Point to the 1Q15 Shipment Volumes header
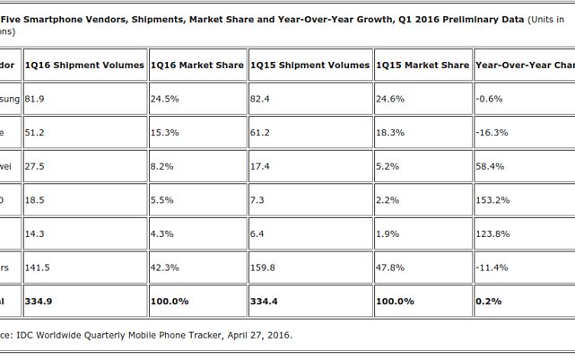pyautogui.click(x=309, y=65)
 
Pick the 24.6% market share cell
pyautogui.click(x=390, y=99)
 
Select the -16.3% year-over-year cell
pyautogui.click(x=492, y=132)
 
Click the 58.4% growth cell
pyautogui.click(x=490, y=166)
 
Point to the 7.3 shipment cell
pyautogui.click(x=257, y=199)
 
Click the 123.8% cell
pyautogui.click(x=492, y=233)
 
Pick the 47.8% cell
pyautogui.click(x=390, y=267)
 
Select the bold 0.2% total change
pyautogui.click(x=488, y=301)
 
